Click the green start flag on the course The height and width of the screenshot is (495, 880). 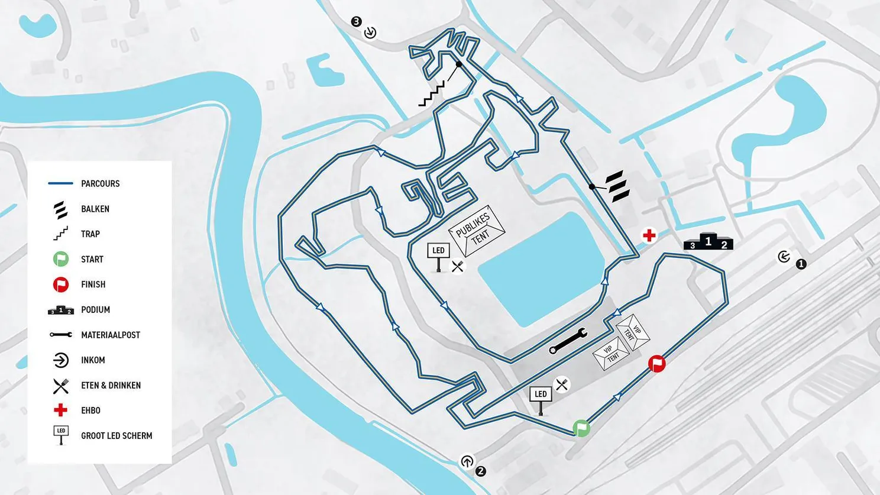click(x=581, y=428)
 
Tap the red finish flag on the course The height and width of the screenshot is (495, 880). click(x=656, y=364)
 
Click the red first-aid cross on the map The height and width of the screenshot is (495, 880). click(x=649, y=235)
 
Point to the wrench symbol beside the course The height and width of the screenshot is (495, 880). click(x=568, y=341)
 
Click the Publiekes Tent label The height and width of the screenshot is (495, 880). click(x=477, y=230)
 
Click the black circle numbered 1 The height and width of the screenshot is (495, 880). click(x=801, y=264)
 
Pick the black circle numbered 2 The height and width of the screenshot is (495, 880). click(x=480, y=471)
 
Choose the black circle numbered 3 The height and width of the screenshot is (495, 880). click(x=356, y=22)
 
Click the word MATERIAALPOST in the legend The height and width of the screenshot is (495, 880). click(x=111, y=335)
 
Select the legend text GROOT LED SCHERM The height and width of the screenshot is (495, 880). click(x=117, y=436)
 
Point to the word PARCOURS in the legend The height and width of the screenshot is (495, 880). click(x=100, y=183)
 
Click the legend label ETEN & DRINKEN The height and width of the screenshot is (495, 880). click(x=111, y=386)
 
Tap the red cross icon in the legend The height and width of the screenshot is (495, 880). click(x=60, y=410)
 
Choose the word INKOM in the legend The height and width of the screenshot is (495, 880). click(x=93, y=360)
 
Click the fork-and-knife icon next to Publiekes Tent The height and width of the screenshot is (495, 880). click(x=457, y=267)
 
